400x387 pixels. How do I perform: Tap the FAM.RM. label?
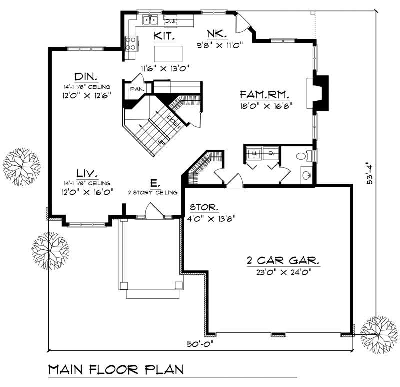pos(265,94)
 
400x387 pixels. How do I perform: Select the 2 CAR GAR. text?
pos(283,261)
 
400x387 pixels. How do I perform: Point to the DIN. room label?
pos(86,77)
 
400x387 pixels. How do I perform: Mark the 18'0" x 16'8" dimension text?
pos(265,105)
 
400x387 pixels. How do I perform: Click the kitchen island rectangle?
pos(165,53)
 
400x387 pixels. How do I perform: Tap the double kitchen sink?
pos(150,20)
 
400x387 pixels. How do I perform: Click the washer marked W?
pos(254,154)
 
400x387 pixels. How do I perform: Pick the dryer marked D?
pos(270,154)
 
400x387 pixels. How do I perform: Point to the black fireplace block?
pos(321,92)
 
